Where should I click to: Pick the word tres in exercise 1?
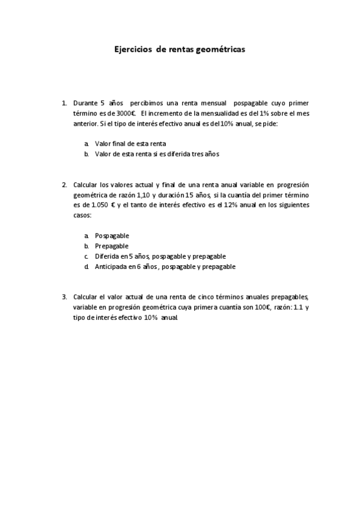pyautogui.click(x=192, y=153)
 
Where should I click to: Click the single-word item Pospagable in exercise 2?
pyautogui.click(x=112, y=236)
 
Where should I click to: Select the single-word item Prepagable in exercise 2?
pyautogui.click(x=112, y=246)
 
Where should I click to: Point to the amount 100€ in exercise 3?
pyautogui.click(x=264, y=307)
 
